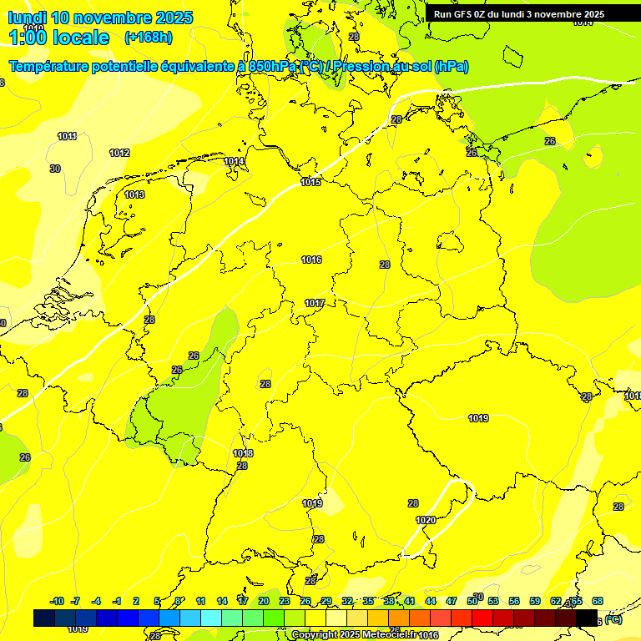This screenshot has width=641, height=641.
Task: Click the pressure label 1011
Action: pyautogui.click(x=68, y=136)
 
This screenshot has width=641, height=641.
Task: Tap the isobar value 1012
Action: pyautogui.click(x=119, y=153)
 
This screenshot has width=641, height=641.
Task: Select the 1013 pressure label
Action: pyautogui.click(x=134, y=194)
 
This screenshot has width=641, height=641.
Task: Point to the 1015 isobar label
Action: pyautogui.click(x=310, y=182)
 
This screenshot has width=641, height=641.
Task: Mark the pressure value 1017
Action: pyautogui.click(x=315, y=303)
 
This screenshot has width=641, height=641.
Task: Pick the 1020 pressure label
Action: pyautogui.click(x=426, y=520)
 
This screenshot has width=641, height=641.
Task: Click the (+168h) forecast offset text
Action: pyautogui.click(x=148, y=37)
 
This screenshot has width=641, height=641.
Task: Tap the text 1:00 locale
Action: pyautogui.click(x=58, y=38)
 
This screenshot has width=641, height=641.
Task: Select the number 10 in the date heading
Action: pyautogui.click(x=60, y=18)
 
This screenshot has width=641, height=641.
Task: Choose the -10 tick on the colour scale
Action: pyautogui.click(x=57, y=601)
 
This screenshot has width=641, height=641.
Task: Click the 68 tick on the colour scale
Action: pyautogui.click(x=598, y=601)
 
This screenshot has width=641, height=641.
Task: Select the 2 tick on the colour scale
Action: pyautogui.click(x=136, y=601)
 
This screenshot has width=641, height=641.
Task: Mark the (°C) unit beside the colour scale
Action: pyautogui.click(x=613, y=620)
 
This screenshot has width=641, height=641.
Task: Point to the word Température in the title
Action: pyautogui.click(x=54, y=67)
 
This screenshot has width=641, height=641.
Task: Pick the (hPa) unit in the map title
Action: pyautogui.click(x=452, y=67)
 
